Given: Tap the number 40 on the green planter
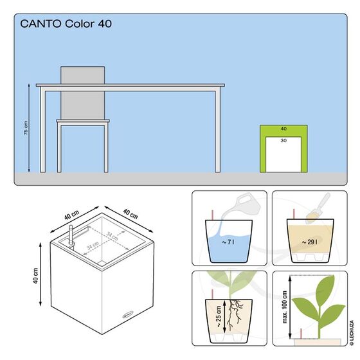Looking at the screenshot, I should tap(283, 129).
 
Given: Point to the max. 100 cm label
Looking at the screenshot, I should tap(286, 313).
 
